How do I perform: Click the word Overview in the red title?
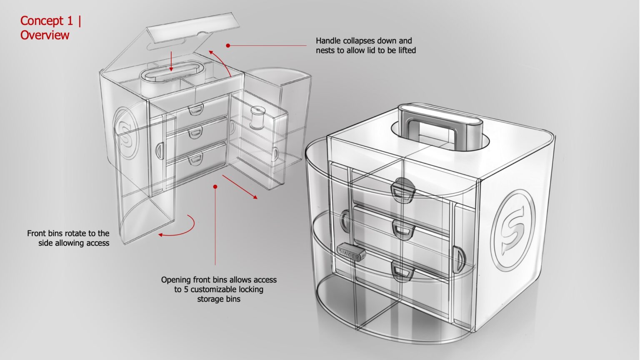45,35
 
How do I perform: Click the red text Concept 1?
47,20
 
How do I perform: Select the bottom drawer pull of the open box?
195,159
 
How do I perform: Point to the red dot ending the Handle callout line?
228,45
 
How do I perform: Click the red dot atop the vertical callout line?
215,187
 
